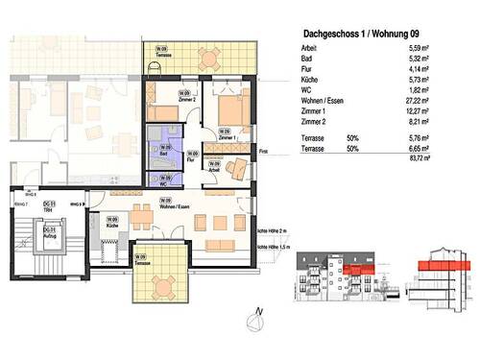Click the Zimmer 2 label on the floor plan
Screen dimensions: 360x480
click(187, 100)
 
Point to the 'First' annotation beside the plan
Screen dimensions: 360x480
click(264, 151)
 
